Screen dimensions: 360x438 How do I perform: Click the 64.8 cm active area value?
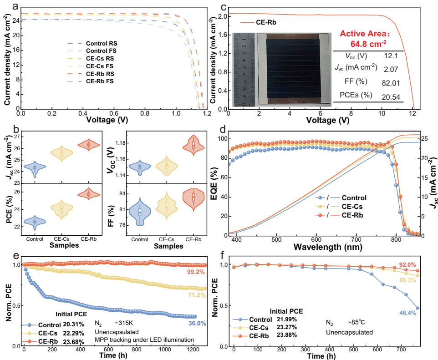point(368,44)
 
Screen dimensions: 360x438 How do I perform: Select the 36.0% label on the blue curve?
point(197,324)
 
